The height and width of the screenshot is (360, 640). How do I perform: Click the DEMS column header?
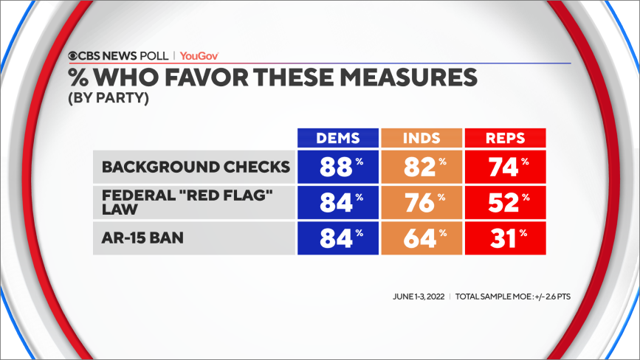point(338,138)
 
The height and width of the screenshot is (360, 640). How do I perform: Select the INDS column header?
point(421,138)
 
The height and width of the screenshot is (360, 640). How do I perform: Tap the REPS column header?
point(505,138)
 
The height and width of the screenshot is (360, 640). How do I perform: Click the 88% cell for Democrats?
point(338,167)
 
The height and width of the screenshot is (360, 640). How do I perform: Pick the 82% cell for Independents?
point(421,167)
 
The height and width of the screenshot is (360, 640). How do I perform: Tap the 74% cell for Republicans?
point(505,167)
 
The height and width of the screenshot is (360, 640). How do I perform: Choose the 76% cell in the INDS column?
point(421,203)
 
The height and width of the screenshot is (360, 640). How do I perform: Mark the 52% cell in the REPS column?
point(505,203)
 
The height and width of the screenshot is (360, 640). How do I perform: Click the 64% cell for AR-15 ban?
point(421,239)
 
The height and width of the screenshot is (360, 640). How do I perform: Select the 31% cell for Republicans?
point(505,239)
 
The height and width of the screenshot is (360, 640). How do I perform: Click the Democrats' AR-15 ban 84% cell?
point(338,239)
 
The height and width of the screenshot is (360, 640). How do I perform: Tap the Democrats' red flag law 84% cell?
point(338,203)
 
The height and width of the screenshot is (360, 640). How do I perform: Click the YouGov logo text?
point(199,55)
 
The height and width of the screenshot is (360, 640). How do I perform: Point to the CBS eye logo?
point(75,55)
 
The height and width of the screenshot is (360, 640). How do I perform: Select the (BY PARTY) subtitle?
point(109,97)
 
